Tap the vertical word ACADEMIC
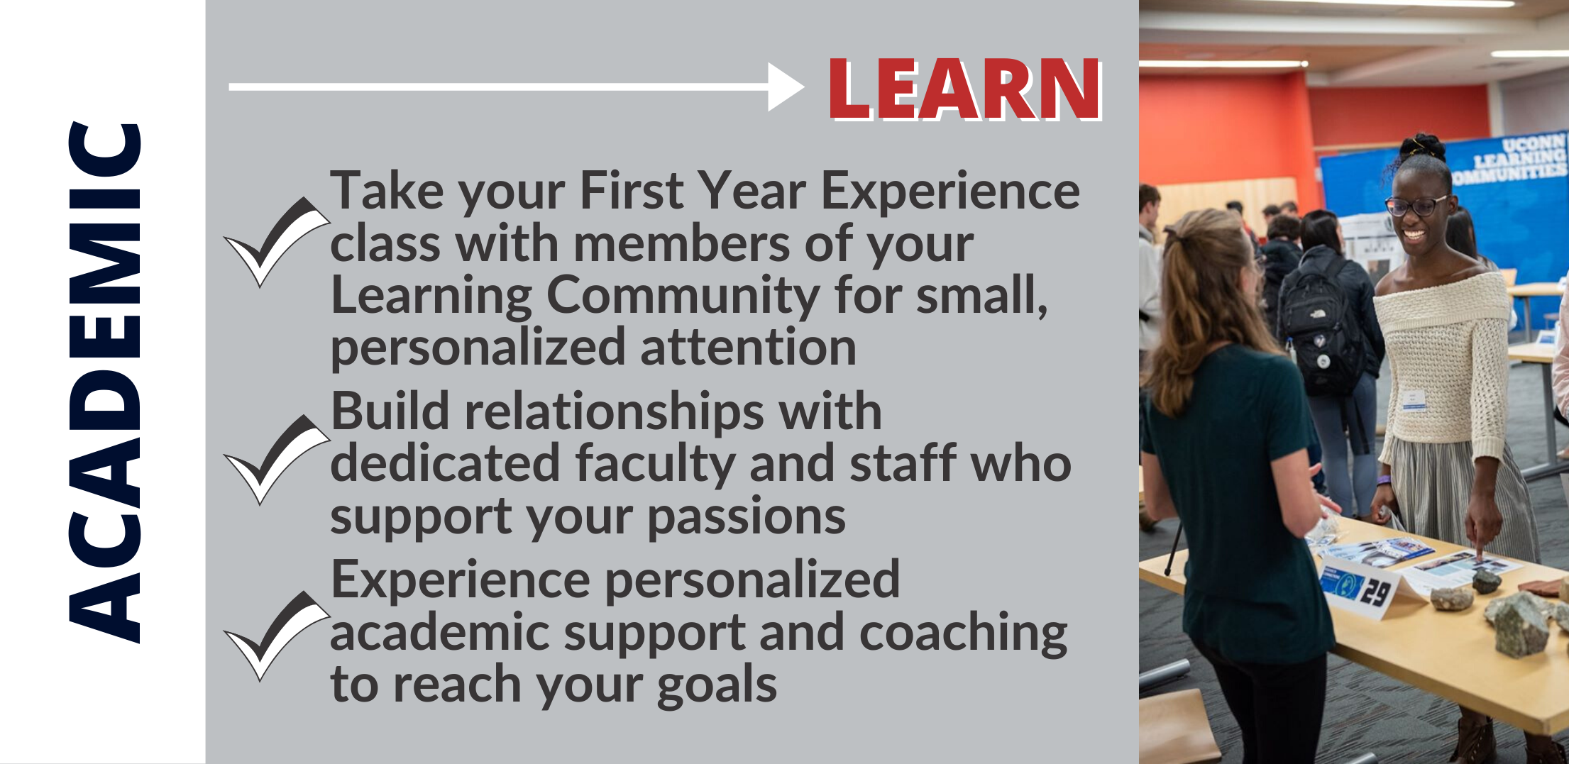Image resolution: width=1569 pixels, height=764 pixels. pos(105,383)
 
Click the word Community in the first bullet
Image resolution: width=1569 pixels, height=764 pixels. pos(683,296)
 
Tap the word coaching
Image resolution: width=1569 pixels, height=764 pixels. pos(963,633)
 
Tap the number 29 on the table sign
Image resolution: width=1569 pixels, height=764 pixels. pos(1375,592)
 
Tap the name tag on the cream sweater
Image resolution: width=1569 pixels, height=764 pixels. pos(1415,401)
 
